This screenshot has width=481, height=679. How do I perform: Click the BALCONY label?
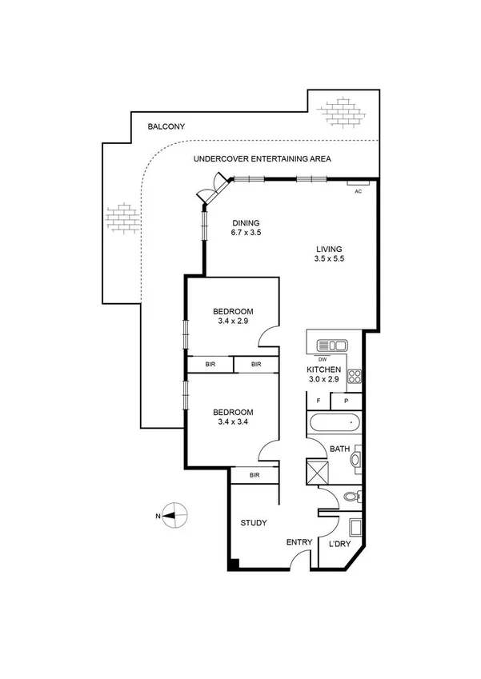(x=166, y=126)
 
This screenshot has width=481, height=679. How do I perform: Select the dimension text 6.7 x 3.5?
(x=247, y=233)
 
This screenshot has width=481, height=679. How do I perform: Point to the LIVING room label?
(x=329, y=249)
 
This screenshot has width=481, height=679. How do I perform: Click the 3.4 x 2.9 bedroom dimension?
(x=233, y=322)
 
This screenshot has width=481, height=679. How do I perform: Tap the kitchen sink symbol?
(x=331, y=345)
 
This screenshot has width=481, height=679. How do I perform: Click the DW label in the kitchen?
(x=323, y=359)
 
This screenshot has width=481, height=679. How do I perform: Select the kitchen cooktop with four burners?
(x=355, y=376)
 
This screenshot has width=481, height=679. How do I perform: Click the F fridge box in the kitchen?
(x=319, y=400)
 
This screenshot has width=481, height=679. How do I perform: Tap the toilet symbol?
(x=350, y=497)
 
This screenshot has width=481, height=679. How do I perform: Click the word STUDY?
(x=254, y=523)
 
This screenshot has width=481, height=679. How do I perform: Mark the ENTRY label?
(x=299, y=542)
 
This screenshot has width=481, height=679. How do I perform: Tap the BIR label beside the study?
(x=254, y=475)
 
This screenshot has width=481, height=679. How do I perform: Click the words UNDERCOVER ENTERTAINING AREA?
(x=262, y=159)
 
